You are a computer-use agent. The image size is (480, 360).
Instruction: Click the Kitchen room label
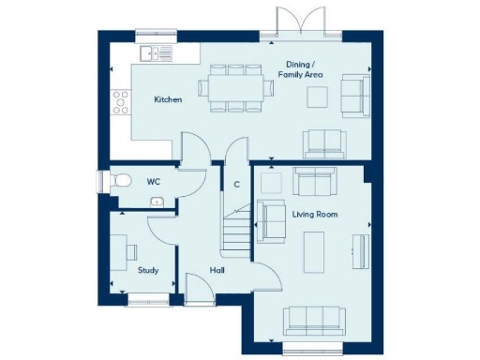coord(169,99)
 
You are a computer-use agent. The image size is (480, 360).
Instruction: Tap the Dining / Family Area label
coord(305,69)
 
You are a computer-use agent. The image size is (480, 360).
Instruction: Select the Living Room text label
coord(314,215)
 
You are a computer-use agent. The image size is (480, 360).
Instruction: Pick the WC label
coord(154,181)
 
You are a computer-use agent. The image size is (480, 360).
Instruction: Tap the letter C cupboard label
coord(236,184)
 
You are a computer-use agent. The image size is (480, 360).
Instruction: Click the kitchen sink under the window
coord(157,54)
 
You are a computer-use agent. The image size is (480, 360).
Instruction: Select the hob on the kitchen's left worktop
coord(120,100)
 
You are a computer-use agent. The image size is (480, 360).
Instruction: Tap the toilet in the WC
coord(119,182)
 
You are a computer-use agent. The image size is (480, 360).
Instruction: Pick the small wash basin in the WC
coord(157,202)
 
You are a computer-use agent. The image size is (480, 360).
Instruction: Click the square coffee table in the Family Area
coord(318,97)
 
